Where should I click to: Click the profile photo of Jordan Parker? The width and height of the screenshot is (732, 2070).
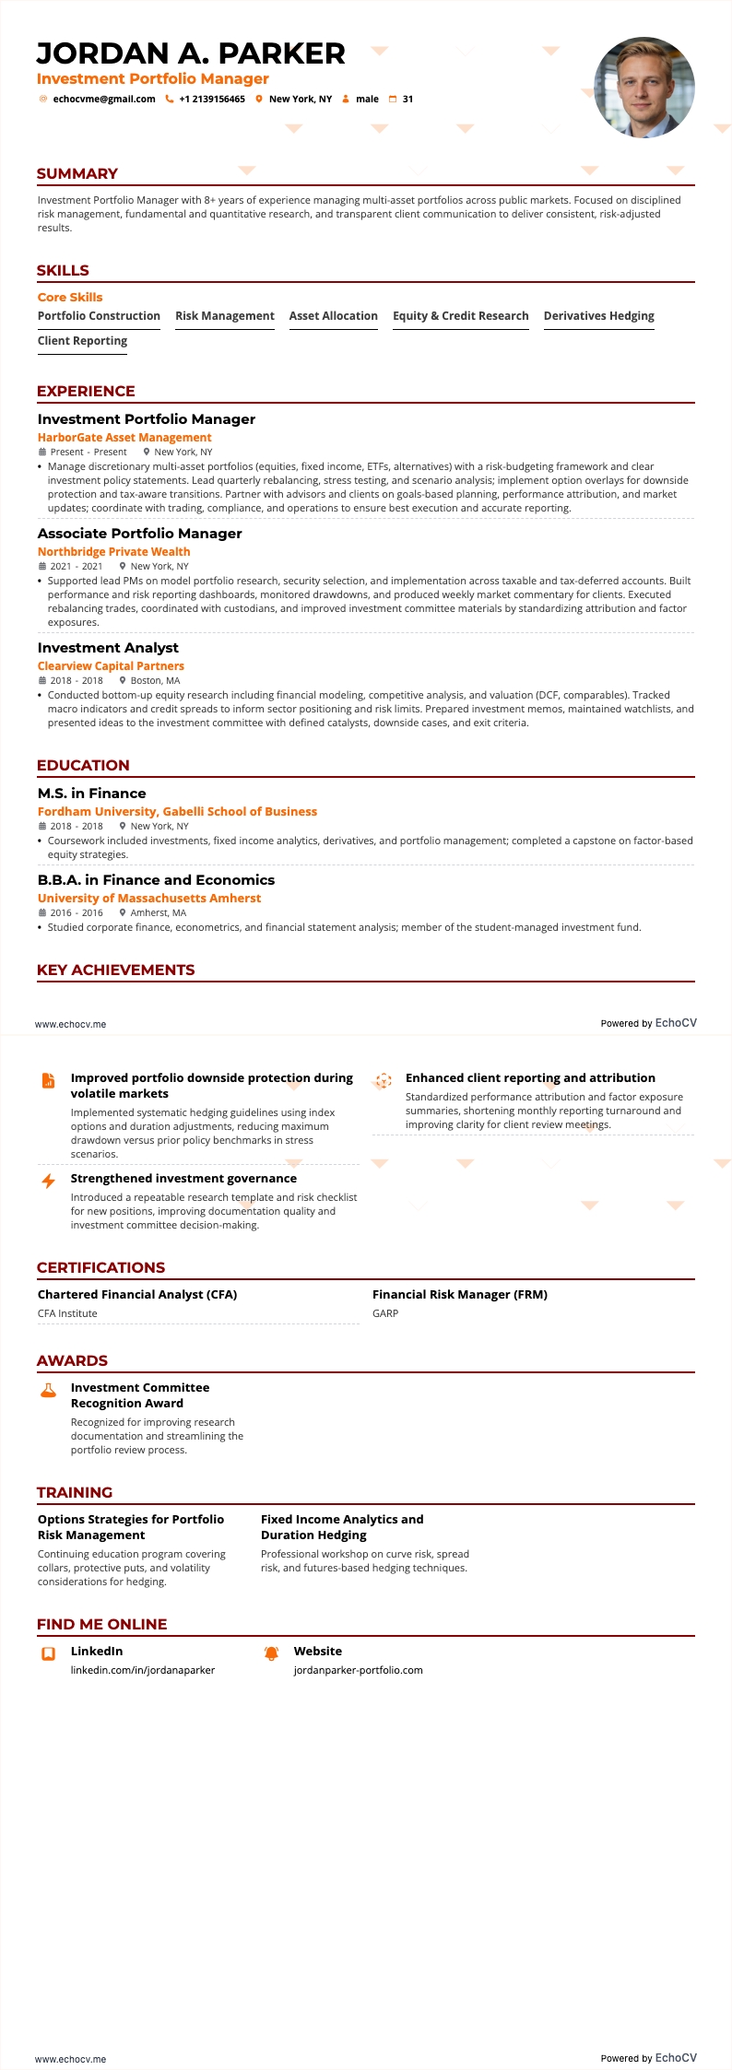pos(644,88)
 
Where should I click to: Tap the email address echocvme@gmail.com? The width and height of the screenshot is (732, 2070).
pos(103,100)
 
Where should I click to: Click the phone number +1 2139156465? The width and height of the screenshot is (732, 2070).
pos(211,100)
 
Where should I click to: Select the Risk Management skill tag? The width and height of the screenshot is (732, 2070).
pos(225,316)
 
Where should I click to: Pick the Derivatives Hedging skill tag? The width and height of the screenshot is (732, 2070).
pos(598,316)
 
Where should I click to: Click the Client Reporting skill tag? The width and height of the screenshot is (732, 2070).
pos(82,341)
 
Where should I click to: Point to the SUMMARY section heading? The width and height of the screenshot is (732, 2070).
pos(77,174)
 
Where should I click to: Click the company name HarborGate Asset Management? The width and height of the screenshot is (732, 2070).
pos(124,438)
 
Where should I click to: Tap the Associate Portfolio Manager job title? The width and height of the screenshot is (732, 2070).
pos(140,534)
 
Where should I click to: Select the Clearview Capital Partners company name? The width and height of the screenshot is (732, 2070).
pos(111,666)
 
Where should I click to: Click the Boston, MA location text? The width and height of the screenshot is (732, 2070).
pos(155,681)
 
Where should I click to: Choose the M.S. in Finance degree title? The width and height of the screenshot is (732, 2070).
pos(92,794)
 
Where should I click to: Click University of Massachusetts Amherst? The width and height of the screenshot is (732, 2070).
pos(149,899)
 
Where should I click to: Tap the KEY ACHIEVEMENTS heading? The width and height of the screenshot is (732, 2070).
pos(115,970)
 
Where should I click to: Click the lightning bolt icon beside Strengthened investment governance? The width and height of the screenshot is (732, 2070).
pos(49,1181)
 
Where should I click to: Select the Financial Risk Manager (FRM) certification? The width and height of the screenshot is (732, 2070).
pos(460,1295)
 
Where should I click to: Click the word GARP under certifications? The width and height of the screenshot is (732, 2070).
pos(385,1314)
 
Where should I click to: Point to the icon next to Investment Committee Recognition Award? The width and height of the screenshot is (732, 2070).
pos(49,1391)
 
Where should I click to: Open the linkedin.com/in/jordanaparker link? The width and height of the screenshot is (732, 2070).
pos(143,1670)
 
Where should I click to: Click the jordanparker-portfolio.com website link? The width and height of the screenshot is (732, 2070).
pos(358,1670)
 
